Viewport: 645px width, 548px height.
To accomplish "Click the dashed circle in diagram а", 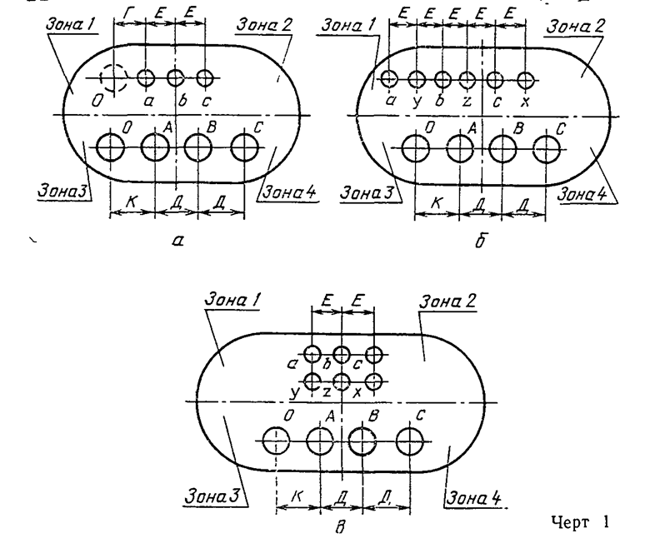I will pos(112,78).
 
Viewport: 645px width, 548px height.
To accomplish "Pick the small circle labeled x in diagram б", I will pos(524,80).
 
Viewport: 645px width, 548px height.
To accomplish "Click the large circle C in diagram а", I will pos(245,147).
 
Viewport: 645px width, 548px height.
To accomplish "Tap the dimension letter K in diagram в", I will pos(296,496).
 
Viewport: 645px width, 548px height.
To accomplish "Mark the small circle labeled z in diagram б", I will pos(467,80).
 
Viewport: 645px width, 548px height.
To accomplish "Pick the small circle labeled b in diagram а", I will pos(175,78).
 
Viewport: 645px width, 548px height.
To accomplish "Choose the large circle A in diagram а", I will pos(155,147).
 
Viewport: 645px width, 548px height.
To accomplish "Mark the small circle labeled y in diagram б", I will pos(414,80).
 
